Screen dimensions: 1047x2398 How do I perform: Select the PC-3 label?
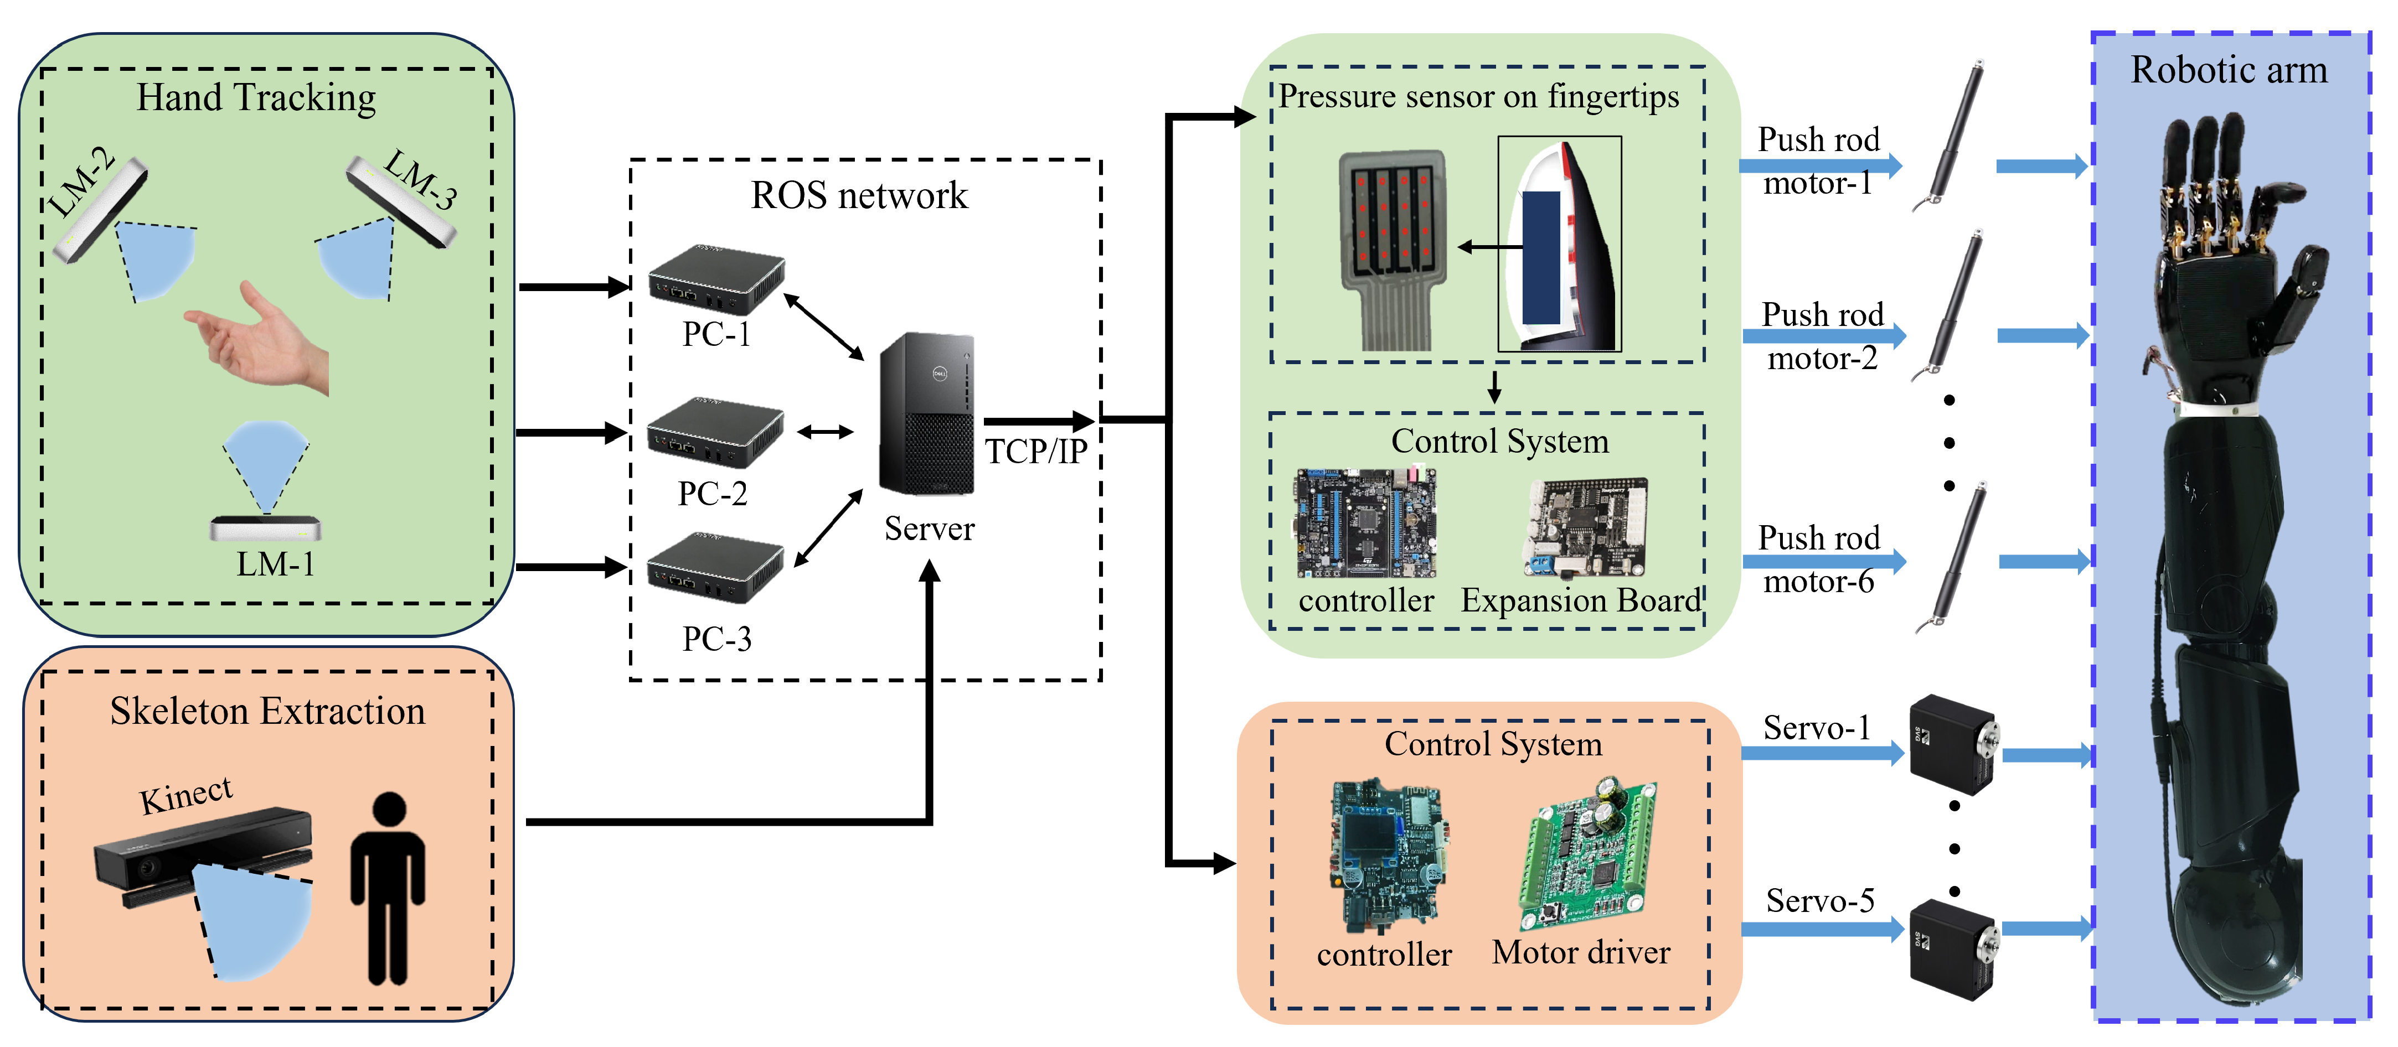716,639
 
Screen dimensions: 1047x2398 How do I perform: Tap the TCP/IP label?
1035,452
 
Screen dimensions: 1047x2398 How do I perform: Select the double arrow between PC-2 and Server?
825,432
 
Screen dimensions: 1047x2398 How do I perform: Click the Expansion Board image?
1585,528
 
